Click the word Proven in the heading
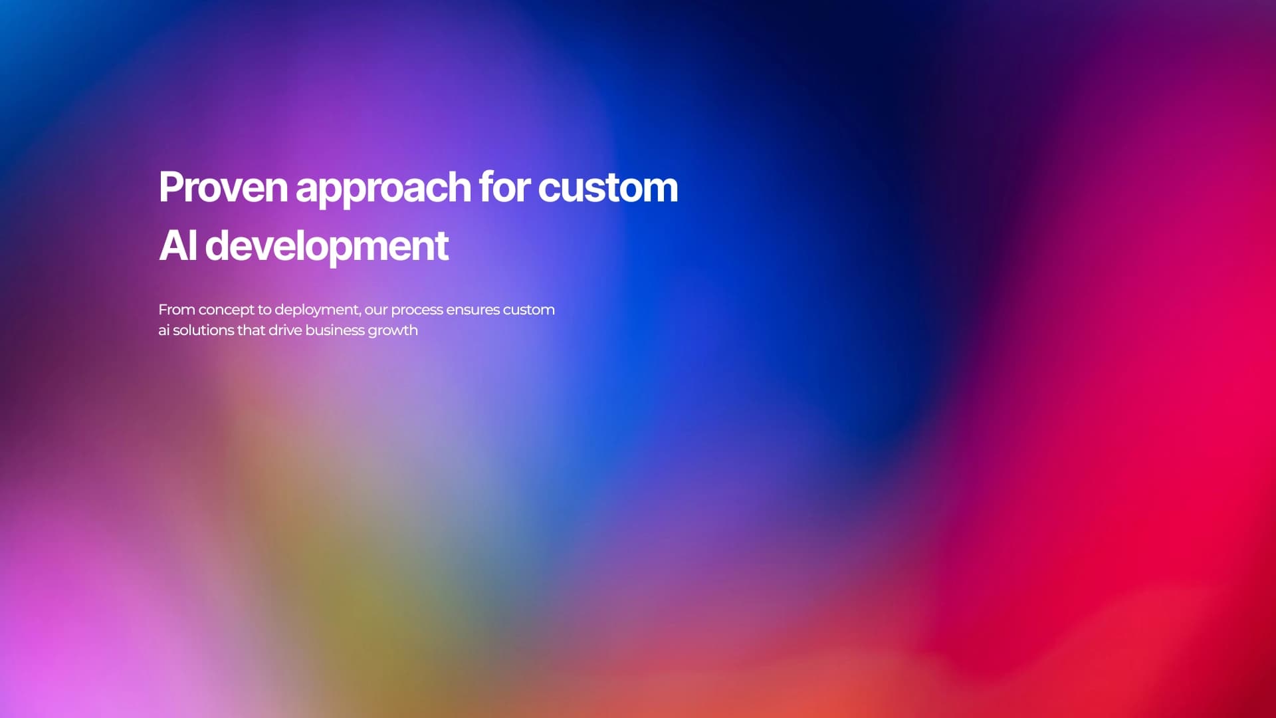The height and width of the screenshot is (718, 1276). pos(223,187)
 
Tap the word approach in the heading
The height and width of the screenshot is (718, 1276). pos(383,189)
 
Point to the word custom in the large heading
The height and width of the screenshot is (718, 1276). pos(607,187)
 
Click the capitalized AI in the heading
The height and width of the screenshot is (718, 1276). pos(177,245)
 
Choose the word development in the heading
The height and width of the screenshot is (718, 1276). pos(326,247)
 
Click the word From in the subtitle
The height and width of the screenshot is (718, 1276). pos(176,310)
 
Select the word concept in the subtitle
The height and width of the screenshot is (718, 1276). pos(226,310)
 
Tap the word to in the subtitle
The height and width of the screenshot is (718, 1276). pos(264,310)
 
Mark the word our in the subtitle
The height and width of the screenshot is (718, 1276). pos(375,310)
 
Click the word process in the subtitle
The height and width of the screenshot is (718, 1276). pos(417,310)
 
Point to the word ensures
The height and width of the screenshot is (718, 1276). pos(473,310)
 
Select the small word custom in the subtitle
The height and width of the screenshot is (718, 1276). pos(528,310)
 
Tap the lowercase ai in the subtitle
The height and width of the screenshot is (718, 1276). pos(163,330)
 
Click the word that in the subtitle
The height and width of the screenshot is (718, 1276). pos(251,330)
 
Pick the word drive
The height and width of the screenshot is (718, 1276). pos(285,330)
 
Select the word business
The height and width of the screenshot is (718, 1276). pos(335,330)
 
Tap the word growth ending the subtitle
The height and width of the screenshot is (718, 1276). pos(393,331)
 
